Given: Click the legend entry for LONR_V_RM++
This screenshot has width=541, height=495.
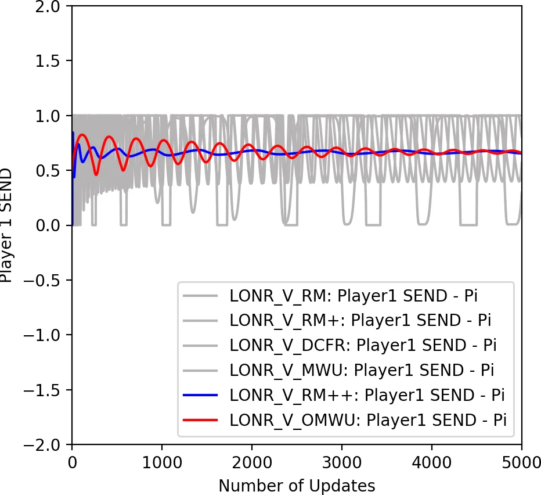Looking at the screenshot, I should [x=366, y=395].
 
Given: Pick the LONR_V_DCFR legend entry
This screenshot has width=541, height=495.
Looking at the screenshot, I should [x=363, y=345].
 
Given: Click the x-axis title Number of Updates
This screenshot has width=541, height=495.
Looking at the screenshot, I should [x=297, y=485].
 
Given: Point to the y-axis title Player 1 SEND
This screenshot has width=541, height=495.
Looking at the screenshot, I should [x=7, y=225].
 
